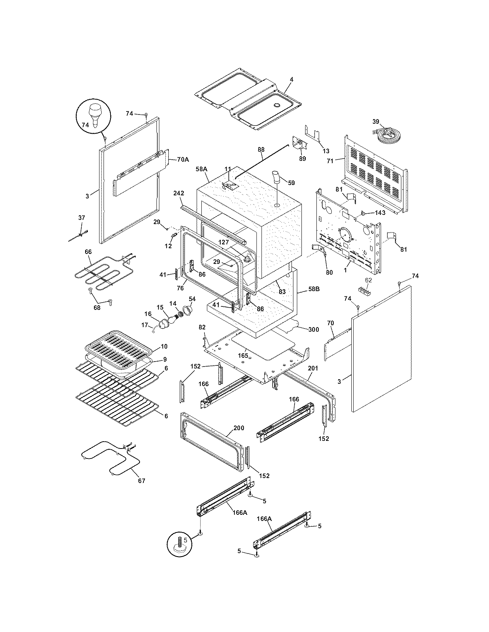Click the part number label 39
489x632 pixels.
pyautogui.click(x=375, y=121)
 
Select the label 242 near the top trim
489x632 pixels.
pyautogui.click(x=179, y=194)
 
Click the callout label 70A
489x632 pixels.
pyautogui.click(x=183, y=160)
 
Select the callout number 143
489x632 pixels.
pyautogui.click(x=380, y=213)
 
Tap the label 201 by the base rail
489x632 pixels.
pyautogui.click(x=313, y=368)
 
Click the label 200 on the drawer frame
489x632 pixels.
pyautogui.click(x=239, y=427)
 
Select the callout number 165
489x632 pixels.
pyautogui.click(x=243, y=356)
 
